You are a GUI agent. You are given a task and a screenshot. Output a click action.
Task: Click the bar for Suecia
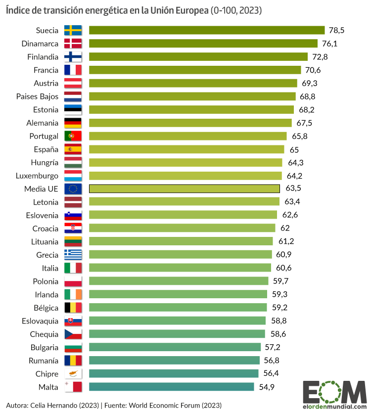[206, 30]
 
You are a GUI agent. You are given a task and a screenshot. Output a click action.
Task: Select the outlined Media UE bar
[184, 188]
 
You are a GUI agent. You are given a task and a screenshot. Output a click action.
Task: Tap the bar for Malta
[171, 387]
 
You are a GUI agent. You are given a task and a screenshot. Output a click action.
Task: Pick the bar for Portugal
[187, 136]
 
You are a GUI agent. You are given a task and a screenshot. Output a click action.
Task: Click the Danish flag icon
[73, 44]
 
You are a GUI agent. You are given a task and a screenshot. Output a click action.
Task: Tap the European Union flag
[73, 188]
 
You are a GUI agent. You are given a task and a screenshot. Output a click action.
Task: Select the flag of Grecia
[73, 255]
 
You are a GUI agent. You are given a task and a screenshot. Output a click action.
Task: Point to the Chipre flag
[73, 373]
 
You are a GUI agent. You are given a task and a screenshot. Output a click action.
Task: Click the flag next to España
[73, 149]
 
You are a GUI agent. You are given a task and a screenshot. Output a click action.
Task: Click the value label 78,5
[336, 30]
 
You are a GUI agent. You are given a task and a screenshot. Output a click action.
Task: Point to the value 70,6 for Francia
[313, 70]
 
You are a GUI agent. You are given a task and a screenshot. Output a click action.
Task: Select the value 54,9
[266, 387]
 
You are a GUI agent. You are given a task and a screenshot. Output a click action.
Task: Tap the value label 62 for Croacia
[285, 228]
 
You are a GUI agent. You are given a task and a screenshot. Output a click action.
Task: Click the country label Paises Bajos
[37, 96]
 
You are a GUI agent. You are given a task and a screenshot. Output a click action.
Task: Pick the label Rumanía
[45, 360]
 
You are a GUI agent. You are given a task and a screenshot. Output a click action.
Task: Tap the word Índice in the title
[18, 10]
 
